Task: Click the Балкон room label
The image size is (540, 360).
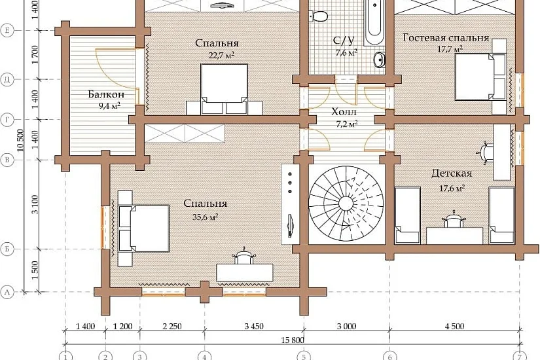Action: tap(106, 94)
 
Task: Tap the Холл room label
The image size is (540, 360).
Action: tap(344, 112)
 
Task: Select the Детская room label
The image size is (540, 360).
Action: tap(452, 173)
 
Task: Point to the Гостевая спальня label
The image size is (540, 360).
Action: tap(446, 37)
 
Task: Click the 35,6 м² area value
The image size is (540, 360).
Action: tap(206, 217)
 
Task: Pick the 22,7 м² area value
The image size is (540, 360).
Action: tap(221, 55)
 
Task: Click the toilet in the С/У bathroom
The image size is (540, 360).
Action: tap(319, 16)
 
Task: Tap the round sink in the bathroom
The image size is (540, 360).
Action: tap(379, 60)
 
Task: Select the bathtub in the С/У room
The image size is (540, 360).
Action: tap(374, 22)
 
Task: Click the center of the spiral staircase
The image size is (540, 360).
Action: tap(346, 204)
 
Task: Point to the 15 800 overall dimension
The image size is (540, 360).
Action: tap(293, 340)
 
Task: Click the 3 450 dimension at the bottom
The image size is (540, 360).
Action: tap(254, 326)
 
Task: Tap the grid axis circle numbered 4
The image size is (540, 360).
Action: tap(205, 356)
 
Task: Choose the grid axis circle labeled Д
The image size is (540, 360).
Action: tap(7, 80)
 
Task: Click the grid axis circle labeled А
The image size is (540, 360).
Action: tap(7, 293)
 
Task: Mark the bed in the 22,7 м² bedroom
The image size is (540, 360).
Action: tap(224, 89)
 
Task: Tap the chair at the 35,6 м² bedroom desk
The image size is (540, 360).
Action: tap(244, 257)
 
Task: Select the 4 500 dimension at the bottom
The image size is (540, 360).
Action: tap(455, 326)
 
